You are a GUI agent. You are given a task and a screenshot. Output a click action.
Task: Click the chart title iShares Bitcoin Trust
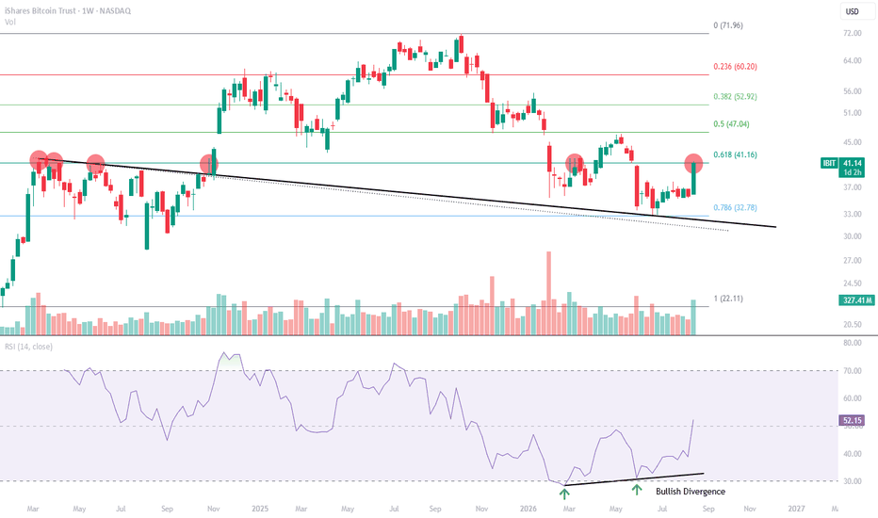click(x=40, y=10)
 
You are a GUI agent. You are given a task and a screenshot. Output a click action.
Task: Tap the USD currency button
click(x=853, y=11)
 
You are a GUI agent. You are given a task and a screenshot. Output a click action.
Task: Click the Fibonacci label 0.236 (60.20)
click(x=735, y=67)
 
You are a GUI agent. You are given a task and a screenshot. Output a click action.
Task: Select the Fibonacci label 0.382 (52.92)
click(x=735, y=96)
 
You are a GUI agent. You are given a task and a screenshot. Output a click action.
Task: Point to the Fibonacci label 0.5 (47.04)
click(x=731, y=123)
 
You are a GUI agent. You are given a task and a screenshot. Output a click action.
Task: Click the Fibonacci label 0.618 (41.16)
click(x=735, y=154)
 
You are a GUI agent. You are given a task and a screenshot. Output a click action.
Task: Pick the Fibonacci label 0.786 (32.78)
click(x=735, y=207)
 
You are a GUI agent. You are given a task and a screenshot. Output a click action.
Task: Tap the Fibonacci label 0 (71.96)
click(x=728, y=25)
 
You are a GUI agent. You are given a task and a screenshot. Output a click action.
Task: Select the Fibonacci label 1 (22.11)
click(x=728, y=299)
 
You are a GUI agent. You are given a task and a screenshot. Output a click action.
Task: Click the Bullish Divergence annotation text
click(x=691, y=491)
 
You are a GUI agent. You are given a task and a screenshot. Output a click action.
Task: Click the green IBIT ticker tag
click(x=829, y=163)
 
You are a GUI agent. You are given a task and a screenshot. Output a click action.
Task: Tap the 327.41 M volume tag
click(x=856, y=300)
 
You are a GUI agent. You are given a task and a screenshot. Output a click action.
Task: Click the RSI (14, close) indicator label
click(x=28, y=347)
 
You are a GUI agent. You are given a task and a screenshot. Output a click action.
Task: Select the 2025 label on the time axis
click(x=260, y=509)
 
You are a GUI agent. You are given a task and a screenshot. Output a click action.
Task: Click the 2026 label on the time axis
click(x=528, y=509)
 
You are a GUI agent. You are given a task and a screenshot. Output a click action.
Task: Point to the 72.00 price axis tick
click(x=853, y=34)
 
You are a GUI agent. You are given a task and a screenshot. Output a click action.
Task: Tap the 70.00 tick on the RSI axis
click(x=853, y=371)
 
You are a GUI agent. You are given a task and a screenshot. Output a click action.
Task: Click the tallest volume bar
click(x=548, y=294)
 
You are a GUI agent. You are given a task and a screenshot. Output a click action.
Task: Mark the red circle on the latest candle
click(x=693, y=163)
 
